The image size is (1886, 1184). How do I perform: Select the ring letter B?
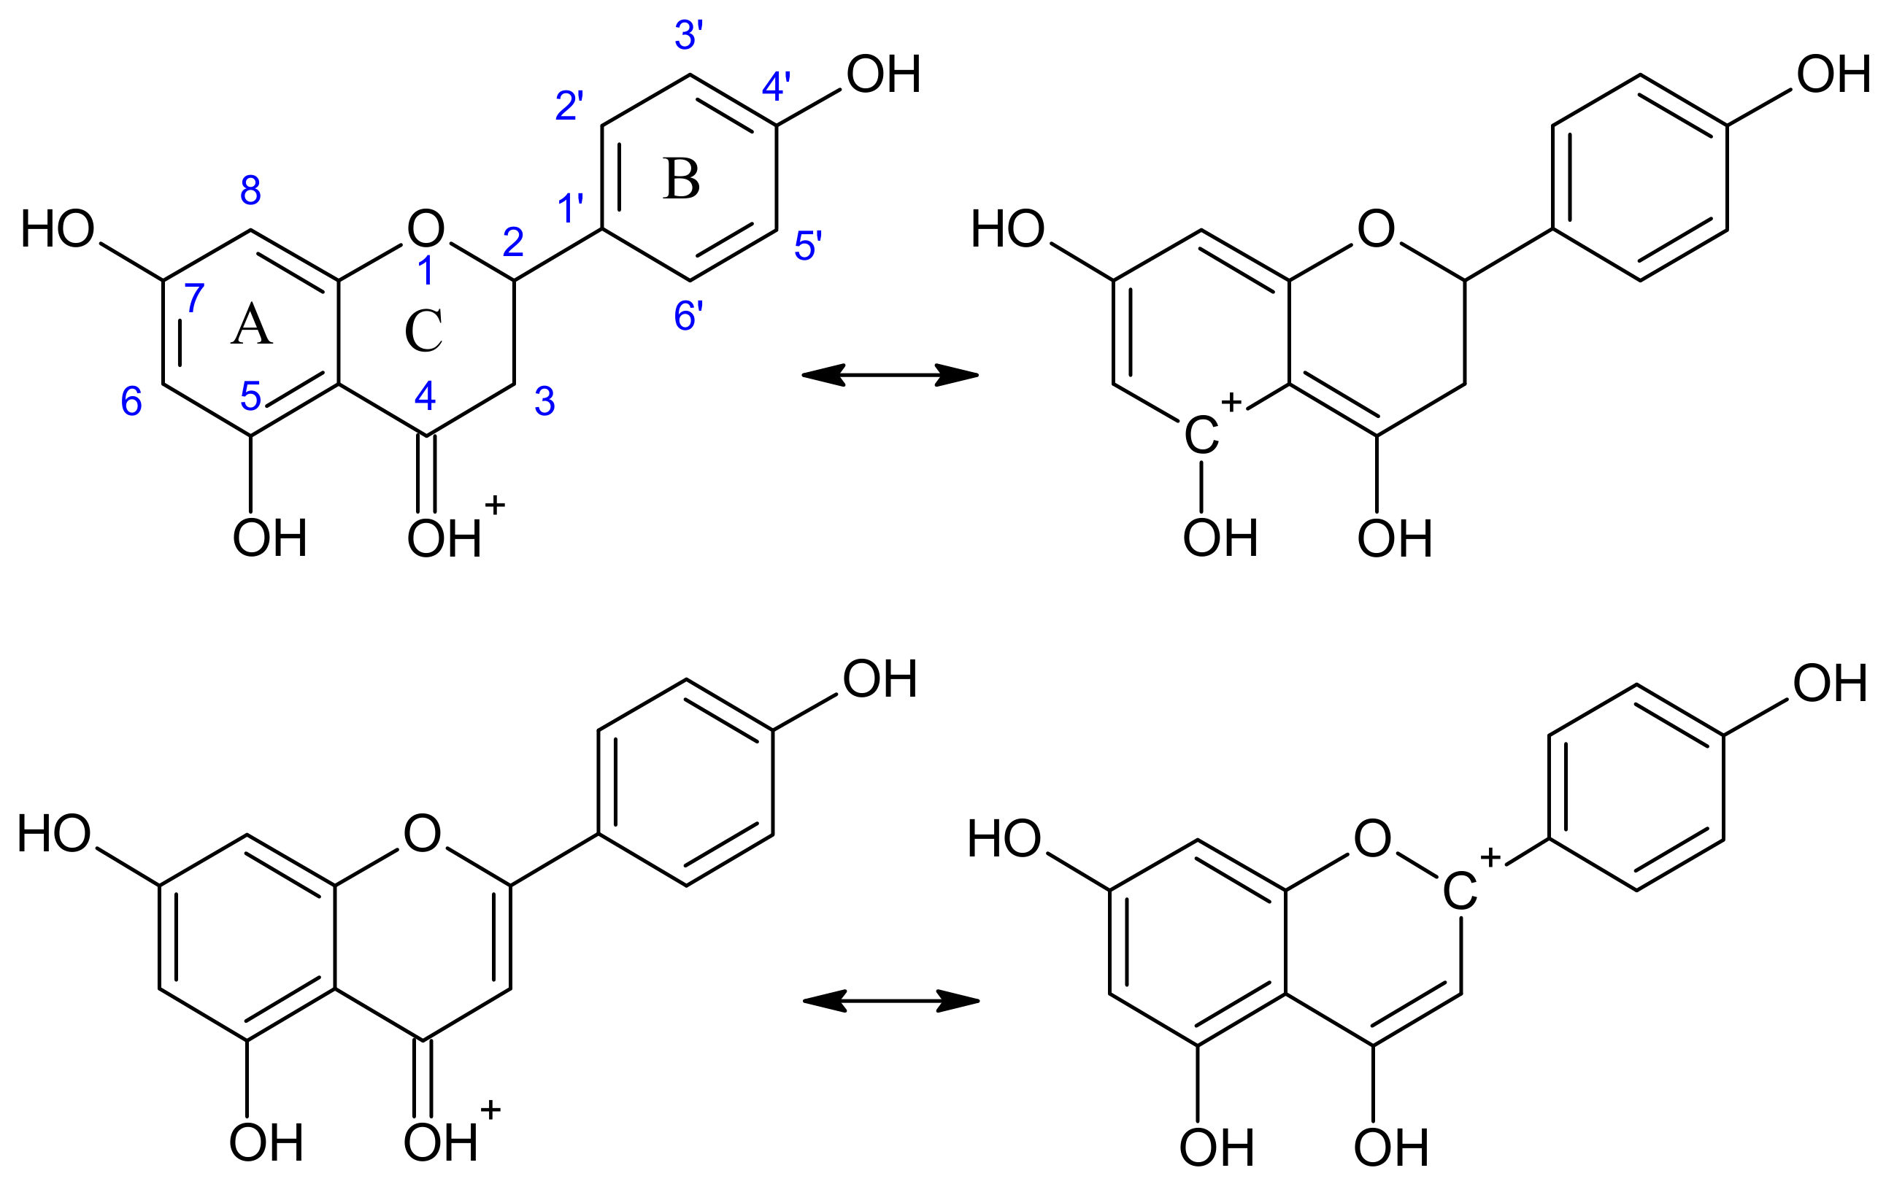click(x=681, y=179)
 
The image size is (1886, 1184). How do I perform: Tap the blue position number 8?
click(x=250, y=190)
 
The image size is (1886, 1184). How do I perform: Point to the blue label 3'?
click(x=689, y=35)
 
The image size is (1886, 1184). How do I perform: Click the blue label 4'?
click(x=777, y=86)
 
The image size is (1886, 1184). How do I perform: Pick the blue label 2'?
click(x=569, y=106)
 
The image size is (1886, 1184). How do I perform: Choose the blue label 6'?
click(x=688, y=317)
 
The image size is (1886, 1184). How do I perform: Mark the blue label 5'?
click(x=808, y=246)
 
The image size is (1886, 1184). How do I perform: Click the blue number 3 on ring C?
click(x=544, y=401)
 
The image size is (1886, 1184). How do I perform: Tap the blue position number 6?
click(x=131, y=401)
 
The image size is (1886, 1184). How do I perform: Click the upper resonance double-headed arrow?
click(x=890, y=375)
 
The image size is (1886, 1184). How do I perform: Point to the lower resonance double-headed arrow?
click(x=891, y=1001)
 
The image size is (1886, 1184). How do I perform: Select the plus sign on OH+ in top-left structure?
click(x=495, y=505)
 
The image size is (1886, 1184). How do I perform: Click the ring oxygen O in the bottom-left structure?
click(x=422, y=833)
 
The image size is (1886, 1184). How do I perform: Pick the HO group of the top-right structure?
click(x=1008, y=230)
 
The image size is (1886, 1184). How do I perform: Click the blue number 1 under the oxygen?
click(x=426, y=271)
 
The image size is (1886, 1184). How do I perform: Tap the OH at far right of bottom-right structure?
click(x=1831, y=683)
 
